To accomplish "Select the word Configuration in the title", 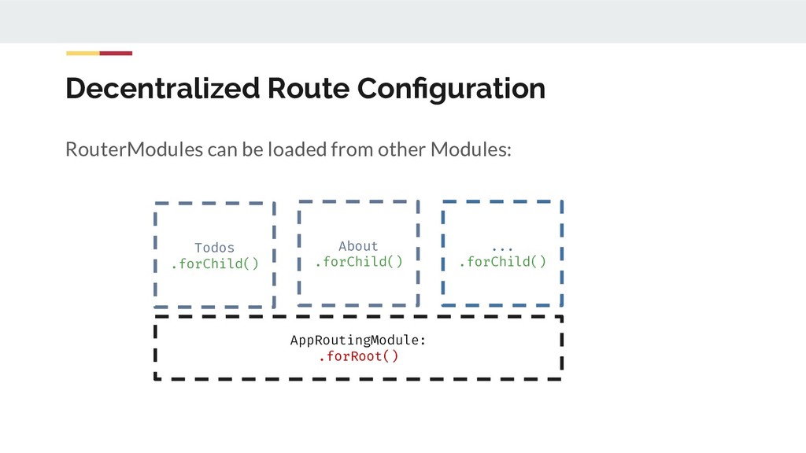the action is click(x=451, y=89).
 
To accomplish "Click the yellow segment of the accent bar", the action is click(x=83, y=53).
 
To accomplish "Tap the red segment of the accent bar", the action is click(x=116, y=53).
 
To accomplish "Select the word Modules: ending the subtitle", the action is click(x=470, y=149).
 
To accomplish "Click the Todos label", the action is click(x=214, y=248).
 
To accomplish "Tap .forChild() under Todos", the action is click(x=214, y=263).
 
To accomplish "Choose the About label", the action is click(x=358, y=246).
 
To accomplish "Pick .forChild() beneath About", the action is click(x=358, y=262).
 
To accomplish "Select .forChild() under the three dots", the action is click(x=502, y=262).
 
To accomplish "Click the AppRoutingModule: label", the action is click(x=358, y=341).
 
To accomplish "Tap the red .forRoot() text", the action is click(x=358, y=357).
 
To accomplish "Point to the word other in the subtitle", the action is click(x=402, y=149).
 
